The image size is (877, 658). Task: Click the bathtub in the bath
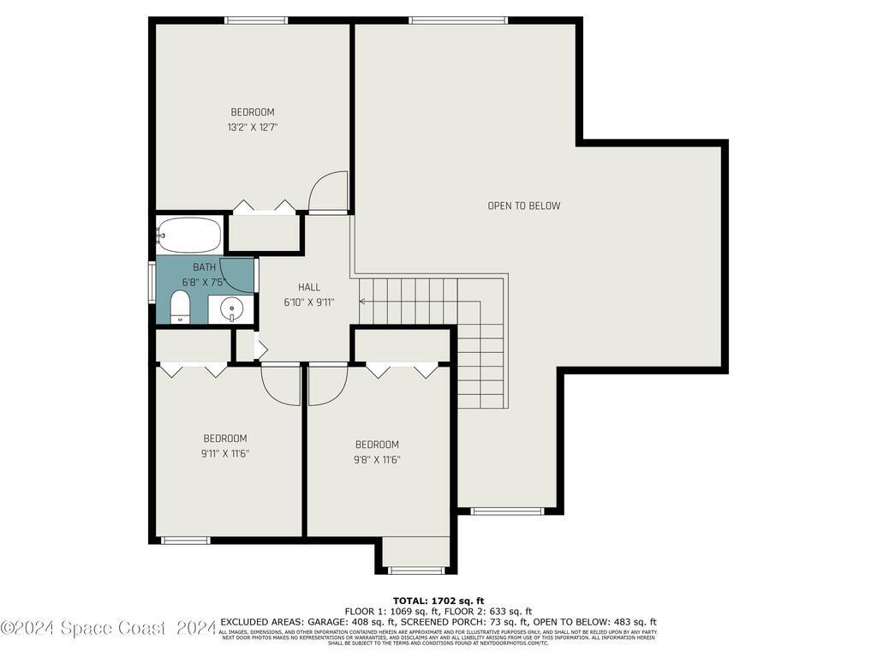click(189, 233)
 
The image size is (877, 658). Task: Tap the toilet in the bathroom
click(180, 307)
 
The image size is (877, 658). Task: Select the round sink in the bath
click(231, 308)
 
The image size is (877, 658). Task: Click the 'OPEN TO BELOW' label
click(523, 206)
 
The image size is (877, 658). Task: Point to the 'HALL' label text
click(309, 287)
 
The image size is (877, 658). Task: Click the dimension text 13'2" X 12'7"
click(253, 127)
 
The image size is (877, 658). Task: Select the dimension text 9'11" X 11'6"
click(225, 453)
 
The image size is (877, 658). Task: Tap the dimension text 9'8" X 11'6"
click(377, 459)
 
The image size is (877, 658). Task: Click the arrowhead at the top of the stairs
click(363, 301)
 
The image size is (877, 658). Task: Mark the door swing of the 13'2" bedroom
click(330, 192)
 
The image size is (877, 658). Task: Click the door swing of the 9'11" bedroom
click(282, 386)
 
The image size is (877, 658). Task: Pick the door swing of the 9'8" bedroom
click(326, 386)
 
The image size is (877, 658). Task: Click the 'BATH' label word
click(205, 267)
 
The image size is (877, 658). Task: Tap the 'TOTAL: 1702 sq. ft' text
click(438, 601)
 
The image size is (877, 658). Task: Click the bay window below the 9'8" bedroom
click(415, 570)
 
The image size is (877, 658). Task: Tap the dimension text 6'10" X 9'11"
click(309, 302)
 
